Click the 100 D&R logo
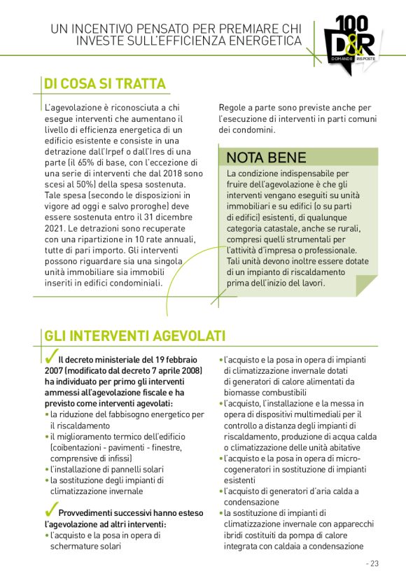(x=351, y=41)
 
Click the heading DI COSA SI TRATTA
(x=104, y=84)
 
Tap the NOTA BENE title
(x=266, y=157)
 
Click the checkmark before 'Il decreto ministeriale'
(x=50, y=358)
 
